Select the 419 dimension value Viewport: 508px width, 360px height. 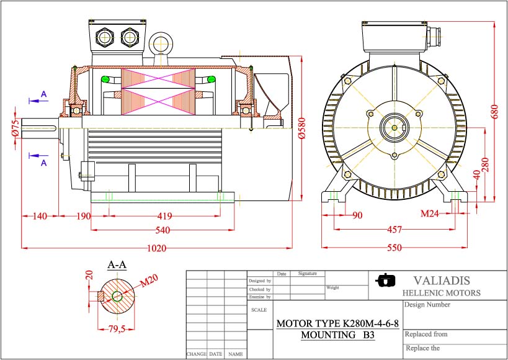[x=164, y=217]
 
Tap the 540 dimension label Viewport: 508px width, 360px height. [x=163, y=230]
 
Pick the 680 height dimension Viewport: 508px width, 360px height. [x=494, y=111]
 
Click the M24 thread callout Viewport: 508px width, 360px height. [x=430, y=214]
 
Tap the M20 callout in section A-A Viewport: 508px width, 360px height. [x=149, y=281]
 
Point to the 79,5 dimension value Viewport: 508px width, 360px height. [x=117, y=329]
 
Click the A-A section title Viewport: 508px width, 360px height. [x=117, y=265]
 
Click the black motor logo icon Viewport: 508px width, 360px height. [x=386, y=281]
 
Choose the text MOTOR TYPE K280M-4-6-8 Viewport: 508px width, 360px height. [x=337, y=323]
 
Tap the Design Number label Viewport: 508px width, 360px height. [x=427, y=305]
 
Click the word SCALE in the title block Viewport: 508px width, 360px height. [x=259, y=309]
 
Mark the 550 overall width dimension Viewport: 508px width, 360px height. [x=393, y=248]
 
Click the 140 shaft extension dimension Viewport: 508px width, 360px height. [x=40, y=217]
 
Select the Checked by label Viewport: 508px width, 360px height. [x=259, y=289]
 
